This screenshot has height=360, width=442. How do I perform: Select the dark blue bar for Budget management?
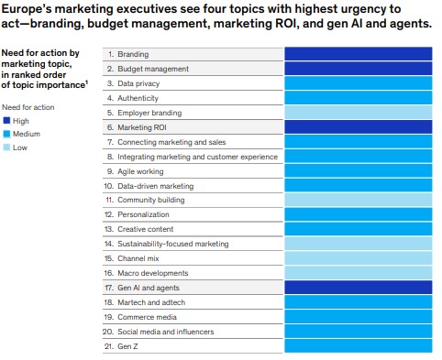(x=358, y=69)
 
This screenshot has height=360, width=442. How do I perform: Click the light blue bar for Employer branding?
(x=358, y=113)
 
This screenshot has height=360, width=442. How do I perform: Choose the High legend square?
(x=7, y=120)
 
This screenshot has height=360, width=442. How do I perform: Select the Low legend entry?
(x=18, y=147)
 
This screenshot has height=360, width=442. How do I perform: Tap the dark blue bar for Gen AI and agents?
(x=358, y=287)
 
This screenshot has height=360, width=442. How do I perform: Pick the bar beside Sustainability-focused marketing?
(x=358, y=244)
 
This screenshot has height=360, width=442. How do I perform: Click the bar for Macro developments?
(x=358, y=272)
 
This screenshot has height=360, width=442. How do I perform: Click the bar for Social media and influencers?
(x=358, y=330)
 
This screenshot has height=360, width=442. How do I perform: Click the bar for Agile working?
(x=358, y=170)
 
